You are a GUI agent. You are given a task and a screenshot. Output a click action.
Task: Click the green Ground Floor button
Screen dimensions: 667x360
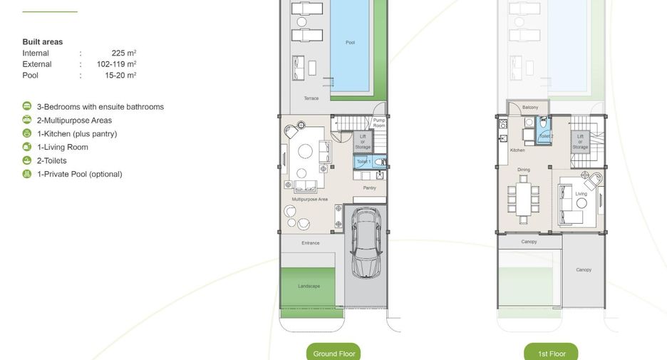[x=333, y=352]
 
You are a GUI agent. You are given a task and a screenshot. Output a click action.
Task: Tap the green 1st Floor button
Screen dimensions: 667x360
[x=551, y=352]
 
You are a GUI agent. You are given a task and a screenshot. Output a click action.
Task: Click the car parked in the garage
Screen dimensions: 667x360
[x=366, y=242]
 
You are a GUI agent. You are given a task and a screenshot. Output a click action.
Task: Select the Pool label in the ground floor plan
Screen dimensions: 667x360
[x=350, y=43]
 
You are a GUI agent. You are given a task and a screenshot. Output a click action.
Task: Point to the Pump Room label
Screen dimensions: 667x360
[x=379, y=123]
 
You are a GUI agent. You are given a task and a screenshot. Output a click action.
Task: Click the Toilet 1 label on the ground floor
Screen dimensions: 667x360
[x=363, y=162]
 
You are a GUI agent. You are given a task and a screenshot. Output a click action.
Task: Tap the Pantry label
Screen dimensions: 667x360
[x=369, y=187]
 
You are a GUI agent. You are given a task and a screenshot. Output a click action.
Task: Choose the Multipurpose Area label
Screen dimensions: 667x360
[x=310, y=199]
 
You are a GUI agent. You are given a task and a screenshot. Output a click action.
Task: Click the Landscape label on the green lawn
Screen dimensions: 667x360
[x=309, y=286]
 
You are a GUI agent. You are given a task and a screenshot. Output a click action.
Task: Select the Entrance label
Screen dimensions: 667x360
[x=311, y=243]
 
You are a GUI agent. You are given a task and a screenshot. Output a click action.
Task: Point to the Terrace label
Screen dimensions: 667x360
[x=311, y=98]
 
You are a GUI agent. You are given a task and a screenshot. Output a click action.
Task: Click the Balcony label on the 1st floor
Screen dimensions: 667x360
[x=530, y=107]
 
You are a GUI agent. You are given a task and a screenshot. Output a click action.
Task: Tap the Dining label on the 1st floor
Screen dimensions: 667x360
[x=524, y=170]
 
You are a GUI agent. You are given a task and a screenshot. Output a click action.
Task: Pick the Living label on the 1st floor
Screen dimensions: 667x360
[x=581, y=194]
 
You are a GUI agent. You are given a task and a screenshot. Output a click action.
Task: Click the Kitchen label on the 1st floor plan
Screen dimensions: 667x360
[x=517, y=150]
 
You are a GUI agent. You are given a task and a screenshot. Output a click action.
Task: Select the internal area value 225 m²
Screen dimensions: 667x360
[x=124, y=53]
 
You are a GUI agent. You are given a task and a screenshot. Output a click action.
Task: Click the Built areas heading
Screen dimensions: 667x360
[x=43, y=41]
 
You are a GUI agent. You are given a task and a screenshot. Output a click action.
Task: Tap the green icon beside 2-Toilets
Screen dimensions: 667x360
[x=27, y=160]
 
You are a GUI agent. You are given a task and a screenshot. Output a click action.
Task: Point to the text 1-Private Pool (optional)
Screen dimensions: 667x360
[x=80, y=174]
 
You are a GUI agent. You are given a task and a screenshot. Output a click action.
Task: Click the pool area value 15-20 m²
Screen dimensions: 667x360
[x=120, y=76]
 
